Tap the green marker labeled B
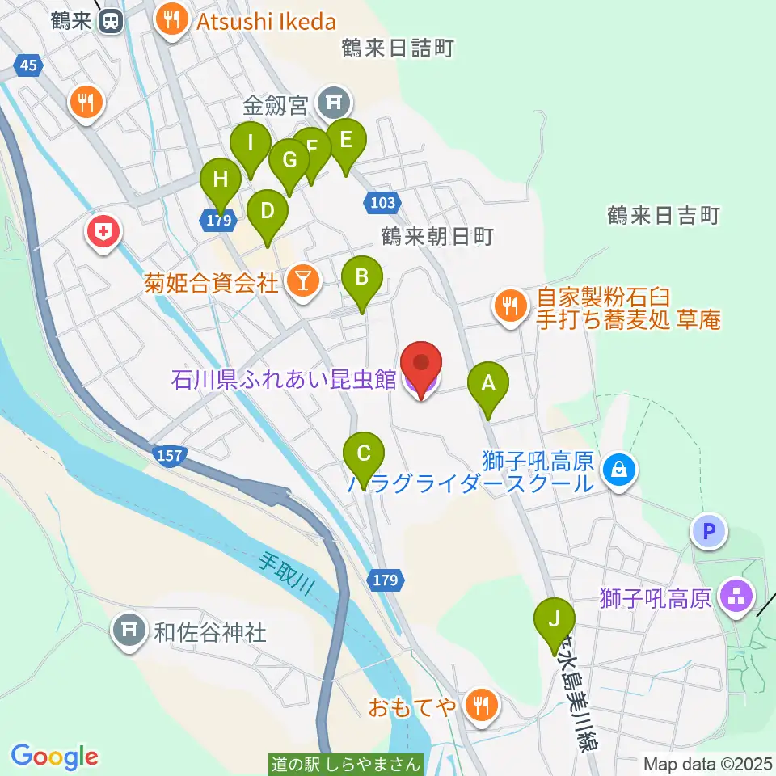[x=361, y=278]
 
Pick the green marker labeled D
[x=267, y=212]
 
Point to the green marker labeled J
[x=554, y=620]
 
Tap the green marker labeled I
[x=250, y=145]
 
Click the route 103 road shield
[x=381, y=203]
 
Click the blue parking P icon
[x=709, y=531]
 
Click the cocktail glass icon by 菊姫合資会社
[x=303, y=281]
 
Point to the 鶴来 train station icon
[x=110, y=22]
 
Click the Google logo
[x=55, y=757]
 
